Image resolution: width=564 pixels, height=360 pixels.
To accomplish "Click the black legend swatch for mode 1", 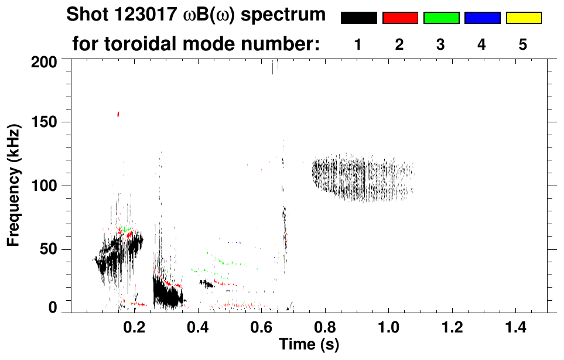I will (x=358, y=18).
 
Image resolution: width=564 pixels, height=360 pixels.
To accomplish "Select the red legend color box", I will (x=400, y=18).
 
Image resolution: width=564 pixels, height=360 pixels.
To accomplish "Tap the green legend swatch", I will (x=441, y=18).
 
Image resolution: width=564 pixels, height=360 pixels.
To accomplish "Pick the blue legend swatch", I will (x=482, y=18).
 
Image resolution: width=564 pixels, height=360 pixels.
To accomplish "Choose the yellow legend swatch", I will (x=524, y=18).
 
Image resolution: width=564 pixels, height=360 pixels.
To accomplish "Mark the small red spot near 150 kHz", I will (x=118, y=114).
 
